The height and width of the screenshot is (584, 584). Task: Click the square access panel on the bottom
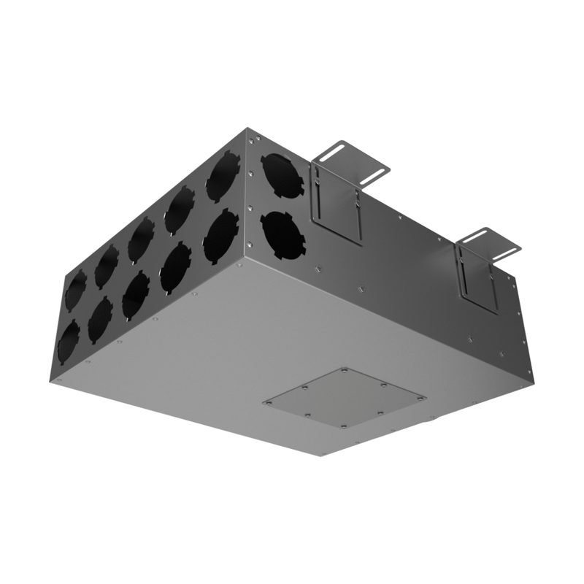click(x=345, y=398)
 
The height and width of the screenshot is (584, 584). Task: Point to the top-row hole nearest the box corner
click(x=223, y=176)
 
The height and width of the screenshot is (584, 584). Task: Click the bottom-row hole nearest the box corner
click(x=220, y=236)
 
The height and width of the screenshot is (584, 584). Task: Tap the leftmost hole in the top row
click(x=75, y=290)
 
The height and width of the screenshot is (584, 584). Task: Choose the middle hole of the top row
click(x=141, y=240)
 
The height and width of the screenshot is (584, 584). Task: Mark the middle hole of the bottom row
click(x=136, y=294)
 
